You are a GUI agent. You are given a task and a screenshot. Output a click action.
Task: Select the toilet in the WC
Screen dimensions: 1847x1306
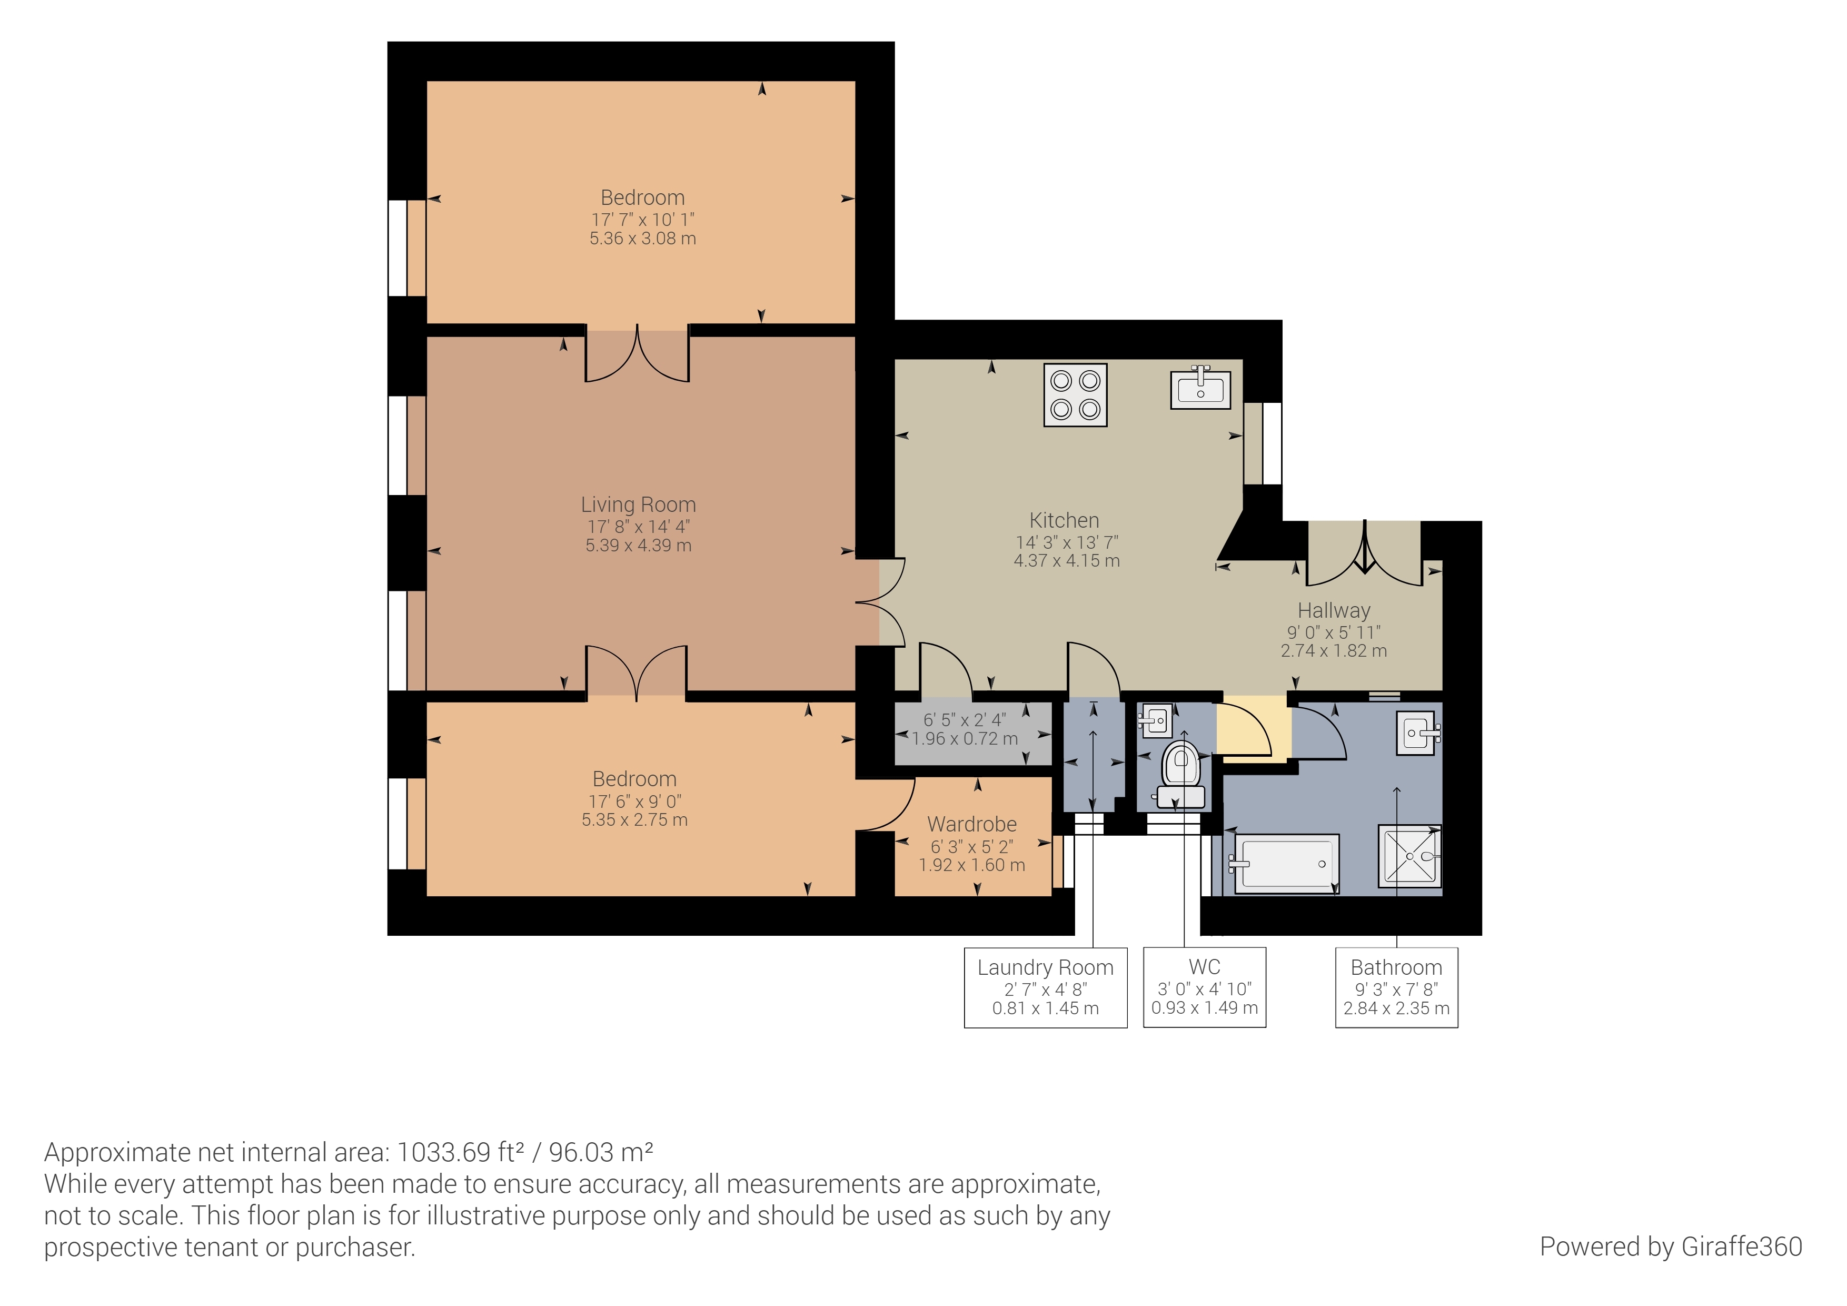pos(1180,773)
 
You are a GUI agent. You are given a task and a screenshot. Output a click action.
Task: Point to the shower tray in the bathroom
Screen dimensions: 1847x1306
pos(1409,856)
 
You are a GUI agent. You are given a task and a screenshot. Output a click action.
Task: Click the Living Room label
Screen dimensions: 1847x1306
pos(639,504)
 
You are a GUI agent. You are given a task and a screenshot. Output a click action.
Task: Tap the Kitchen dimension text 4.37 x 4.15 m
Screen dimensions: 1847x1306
pos(1067,561)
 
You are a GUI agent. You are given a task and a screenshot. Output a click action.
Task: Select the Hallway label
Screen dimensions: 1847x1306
pos(1334,610)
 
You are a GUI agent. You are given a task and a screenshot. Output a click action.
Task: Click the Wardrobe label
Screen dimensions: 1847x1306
pos(972,824)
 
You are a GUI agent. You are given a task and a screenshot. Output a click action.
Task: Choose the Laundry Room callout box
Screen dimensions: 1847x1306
pos(1046,987)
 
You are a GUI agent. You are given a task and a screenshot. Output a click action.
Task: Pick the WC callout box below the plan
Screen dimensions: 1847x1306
pos(1204,987)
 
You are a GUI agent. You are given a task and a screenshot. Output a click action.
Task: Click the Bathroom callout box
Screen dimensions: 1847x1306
pos(1396,987)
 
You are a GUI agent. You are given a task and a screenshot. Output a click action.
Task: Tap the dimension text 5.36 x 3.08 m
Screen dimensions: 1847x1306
pos(643,238)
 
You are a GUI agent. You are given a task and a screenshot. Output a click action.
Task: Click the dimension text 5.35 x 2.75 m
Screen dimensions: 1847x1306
pos(634,820)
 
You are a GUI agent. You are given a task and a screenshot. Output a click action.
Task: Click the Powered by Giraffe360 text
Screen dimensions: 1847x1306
pos(1671,1246)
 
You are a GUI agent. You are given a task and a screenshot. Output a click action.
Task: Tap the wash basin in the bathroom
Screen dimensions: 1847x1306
pos(1419,733)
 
